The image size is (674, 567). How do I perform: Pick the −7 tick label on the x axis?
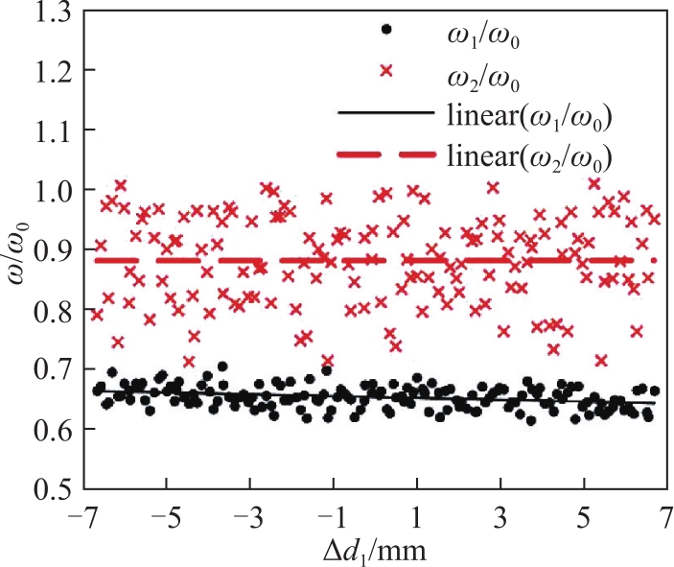[x=84, y=518]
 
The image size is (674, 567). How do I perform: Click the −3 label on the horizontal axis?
[x=250, y=518]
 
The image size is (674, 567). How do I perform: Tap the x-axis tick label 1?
[x=416, y=518]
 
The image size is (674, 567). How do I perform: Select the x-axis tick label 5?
[x=584, y=518]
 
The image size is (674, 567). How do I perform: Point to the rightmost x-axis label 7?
[x=666, y=518]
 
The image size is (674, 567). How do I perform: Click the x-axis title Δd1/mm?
[x=375, y=551]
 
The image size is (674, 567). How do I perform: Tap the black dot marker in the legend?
[x=387, y=29]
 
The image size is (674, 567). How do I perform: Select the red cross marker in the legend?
[x=387, y=70]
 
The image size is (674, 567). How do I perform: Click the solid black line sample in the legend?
[x=386, y=112]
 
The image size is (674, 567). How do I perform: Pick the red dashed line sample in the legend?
[x=386, y=154]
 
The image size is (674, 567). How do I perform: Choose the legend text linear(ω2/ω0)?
[x=529, y=158]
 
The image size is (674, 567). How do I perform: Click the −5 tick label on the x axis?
[x=167, y=518]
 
